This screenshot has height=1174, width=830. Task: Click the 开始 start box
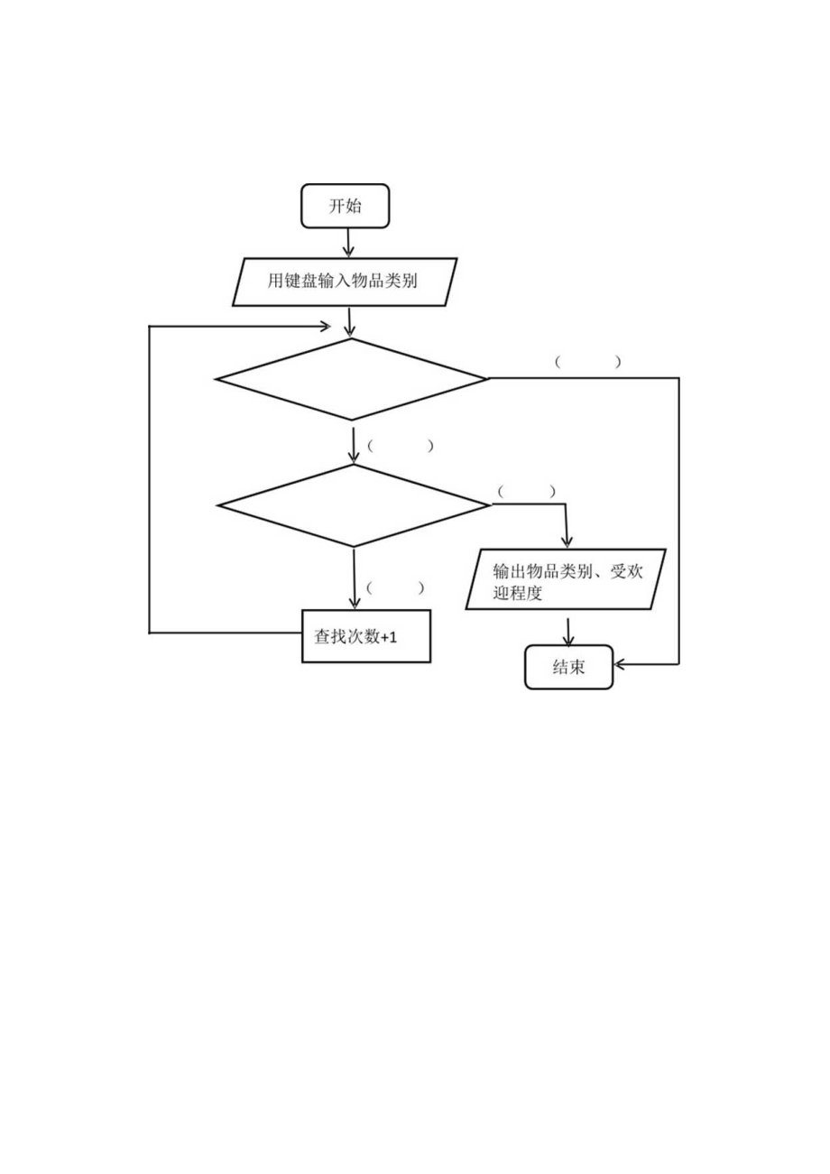[345, 206]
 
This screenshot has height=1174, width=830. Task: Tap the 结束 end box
[568, 667]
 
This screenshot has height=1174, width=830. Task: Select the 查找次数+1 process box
[365, 636]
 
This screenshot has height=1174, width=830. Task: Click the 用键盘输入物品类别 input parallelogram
[345, 282]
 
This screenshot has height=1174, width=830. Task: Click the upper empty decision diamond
[351, 379]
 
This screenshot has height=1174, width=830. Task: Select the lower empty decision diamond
[354, 505]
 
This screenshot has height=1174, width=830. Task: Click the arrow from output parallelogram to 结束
[567, 631]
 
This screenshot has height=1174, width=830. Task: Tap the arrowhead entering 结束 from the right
[621, 664]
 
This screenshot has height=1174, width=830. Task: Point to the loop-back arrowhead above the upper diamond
[325, 325]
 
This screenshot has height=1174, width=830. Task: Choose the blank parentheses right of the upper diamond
[588, 362]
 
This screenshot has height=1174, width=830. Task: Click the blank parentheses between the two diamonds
[401, 446]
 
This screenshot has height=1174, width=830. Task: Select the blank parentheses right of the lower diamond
[527, 492]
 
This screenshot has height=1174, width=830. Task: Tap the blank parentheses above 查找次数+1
[395, 587]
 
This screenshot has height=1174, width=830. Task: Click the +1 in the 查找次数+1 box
[388, 637]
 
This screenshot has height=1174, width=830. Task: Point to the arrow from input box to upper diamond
[349, 322]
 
